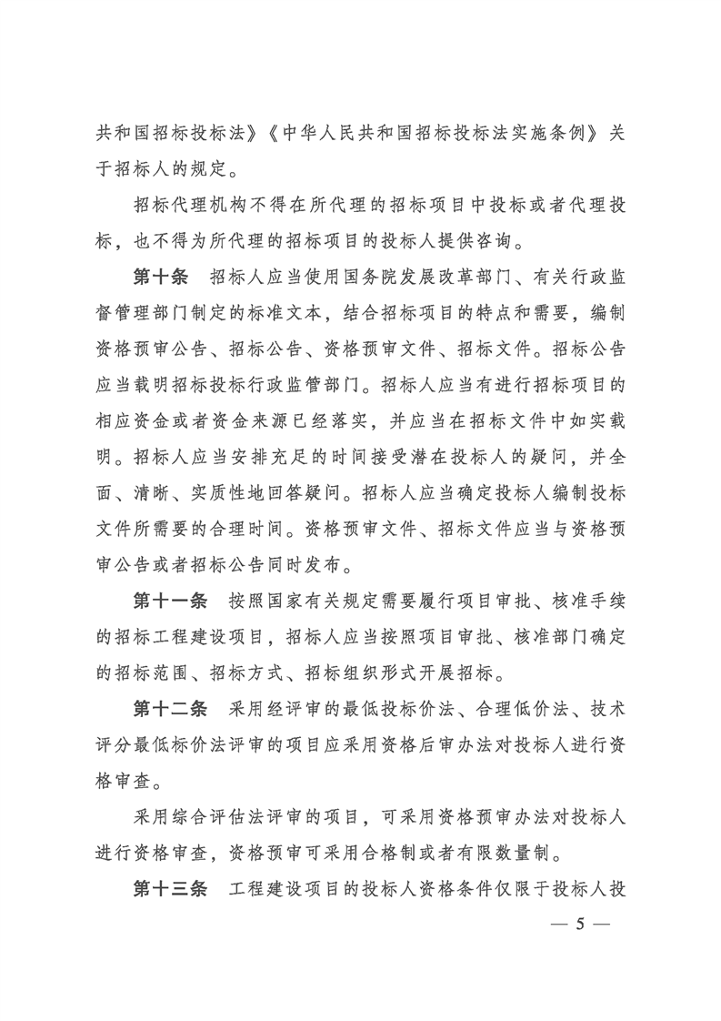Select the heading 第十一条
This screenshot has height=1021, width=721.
(172, 601)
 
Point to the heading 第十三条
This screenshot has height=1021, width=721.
(172, 888)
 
